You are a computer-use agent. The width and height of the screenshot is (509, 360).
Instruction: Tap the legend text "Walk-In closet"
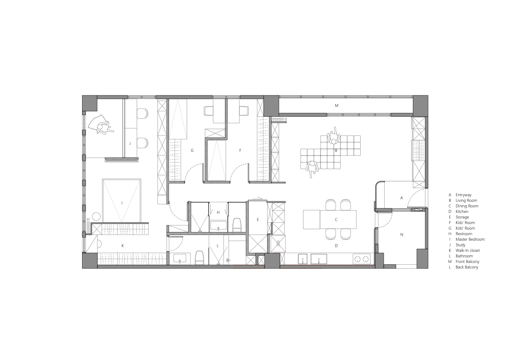(467, 251)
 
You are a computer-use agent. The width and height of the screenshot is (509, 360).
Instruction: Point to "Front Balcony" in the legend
(467, 262)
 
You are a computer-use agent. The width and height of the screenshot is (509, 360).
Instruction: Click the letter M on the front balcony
(336, 105)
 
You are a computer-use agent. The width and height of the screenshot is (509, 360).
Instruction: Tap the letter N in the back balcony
(402, 235)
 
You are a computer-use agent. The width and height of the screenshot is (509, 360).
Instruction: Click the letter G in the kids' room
(192, 150)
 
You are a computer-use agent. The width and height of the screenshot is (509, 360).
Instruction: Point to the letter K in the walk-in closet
(123, 245)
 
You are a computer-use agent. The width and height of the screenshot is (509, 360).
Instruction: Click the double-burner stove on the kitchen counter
(362, 259)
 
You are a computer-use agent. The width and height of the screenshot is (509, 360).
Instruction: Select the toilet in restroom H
(237, 224)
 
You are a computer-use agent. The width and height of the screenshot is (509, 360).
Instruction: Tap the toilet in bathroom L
(199, 258)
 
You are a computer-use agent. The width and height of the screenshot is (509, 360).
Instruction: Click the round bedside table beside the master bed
(96, 217)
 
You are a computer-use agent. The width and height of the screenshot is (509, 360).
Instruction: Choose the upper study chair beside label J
(142, 114)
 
